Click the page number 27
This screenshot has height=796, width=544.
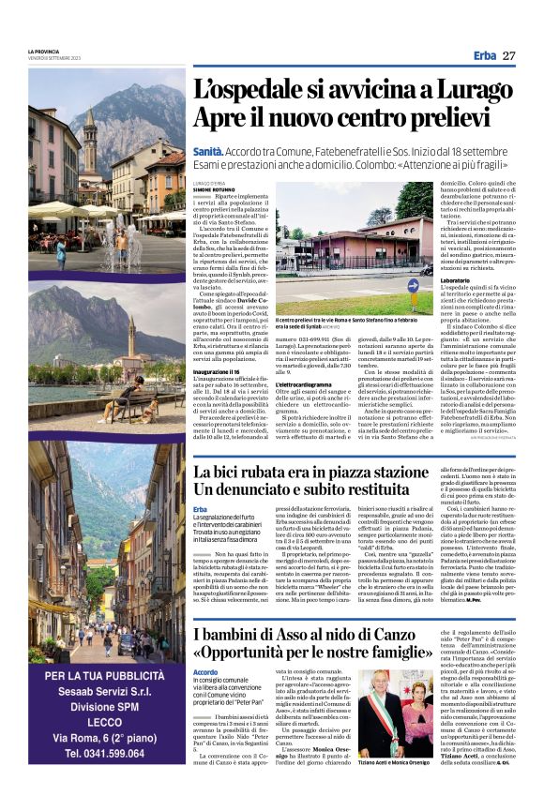pyautogui.click(x=508, y=56)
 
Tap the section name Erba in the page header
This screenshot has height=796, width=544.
pyautogui.click(x=485, y=56)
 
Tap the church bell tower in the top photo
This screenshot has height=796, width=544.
pyautogui.click(x=91, y=141)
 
